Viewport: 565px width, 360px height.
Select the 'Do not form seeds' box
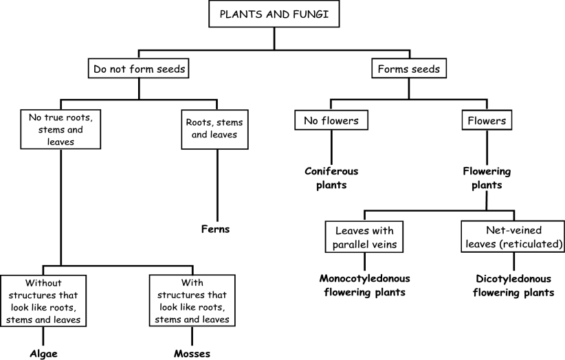tap(140, 69)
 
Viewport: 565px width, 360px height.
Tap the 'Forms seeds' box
tap(410, 69)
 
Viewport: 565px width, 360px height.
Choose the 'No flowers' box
tap(333, 121)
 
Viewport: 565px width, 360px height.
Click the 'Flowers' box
tap(487, 121)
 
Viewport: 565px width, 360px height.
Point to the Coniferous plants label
tap(333, 177)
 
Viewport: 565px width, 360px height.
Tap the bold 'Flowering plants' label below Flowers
tap(487, 177)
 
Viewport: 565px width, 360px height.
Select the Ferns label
tap(215, 229)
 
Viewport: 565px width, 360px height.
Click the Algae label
tap(43, 354)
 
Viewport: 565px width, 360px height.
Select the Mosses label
tap(192, 354)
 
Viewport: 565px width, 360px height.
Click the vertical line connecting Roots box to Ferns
tap(218, 185)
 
